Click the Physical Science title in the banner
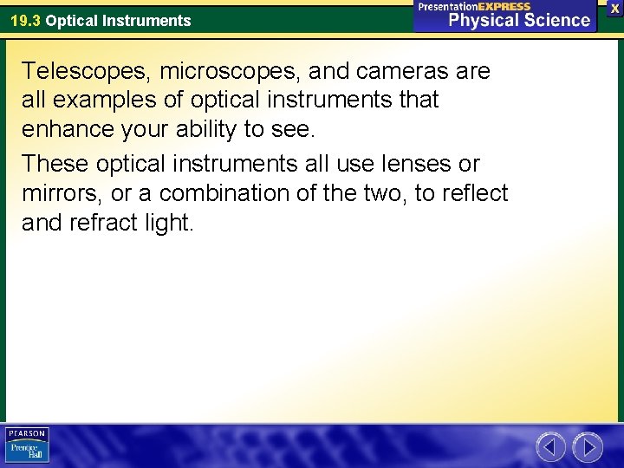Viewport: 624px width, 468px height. point(519,20)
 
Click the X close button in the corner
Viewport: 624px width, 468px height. point(615,7)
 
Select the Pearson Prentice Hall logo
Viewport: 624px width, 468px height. point(27,445)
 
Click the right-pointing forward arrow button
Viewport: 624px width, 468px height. point(588,447)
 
